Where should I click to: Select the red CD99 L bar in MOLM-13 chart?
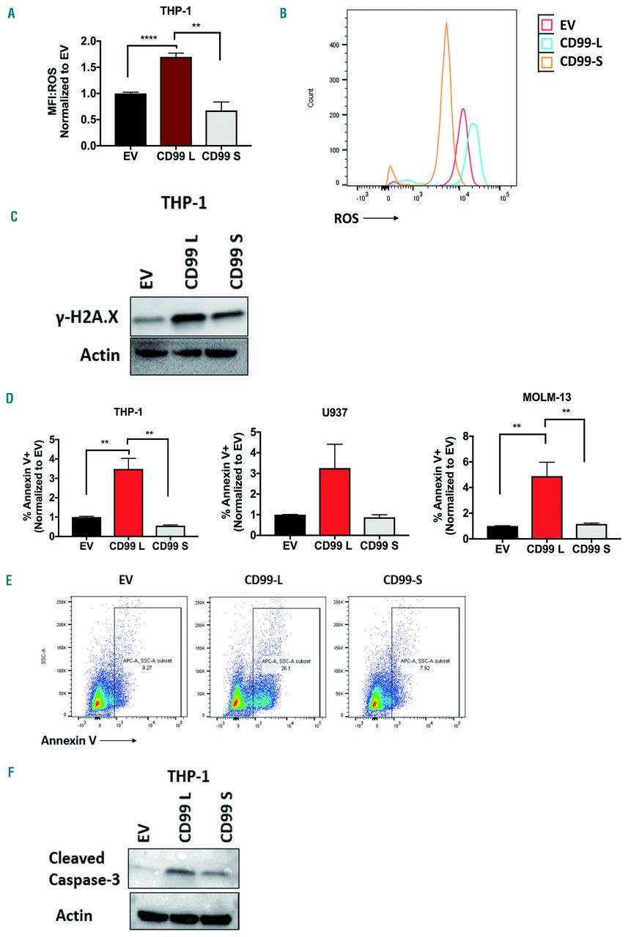pos(546,506)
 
